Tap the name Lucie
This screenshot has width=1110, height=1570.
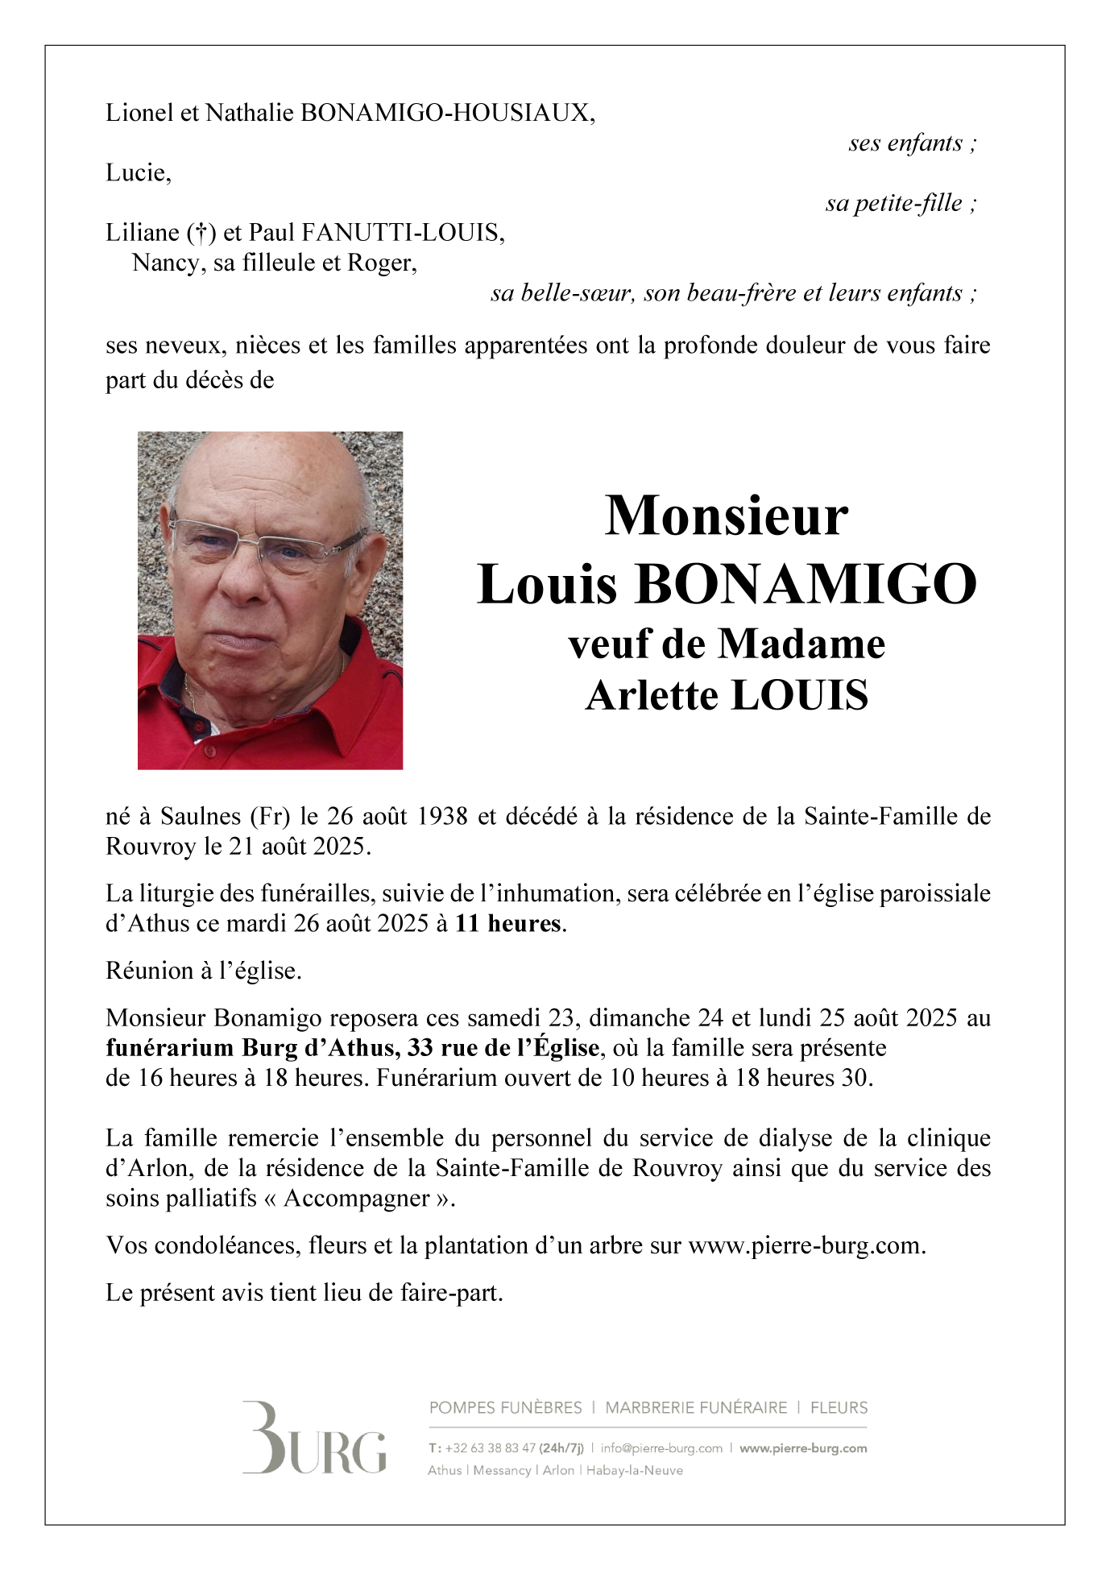[137, 172]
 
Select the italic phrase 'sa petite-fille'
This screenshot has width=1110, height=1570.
[893, 203]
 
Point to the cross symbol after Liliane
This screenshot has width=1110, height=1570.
[201, 233]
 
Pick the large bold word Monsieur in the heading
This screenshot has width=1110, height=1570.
[726, 516]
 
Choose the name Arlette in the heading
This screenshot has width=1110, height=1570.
[652, 695]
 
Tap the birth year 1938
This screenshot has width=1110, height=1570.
[442, 816]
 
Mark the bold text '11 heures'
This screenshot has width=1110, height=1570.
[507, 923]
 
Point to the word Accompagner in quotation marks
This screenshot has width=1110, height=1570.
[357, 1198]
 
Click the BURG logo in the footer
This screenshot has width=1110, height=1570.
[314, 1438]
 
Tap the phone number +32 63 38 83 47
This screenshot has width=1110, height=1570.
[490, 1448]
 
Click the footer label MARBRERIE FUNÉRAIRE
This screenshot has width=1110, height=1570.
[696, 1407]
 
